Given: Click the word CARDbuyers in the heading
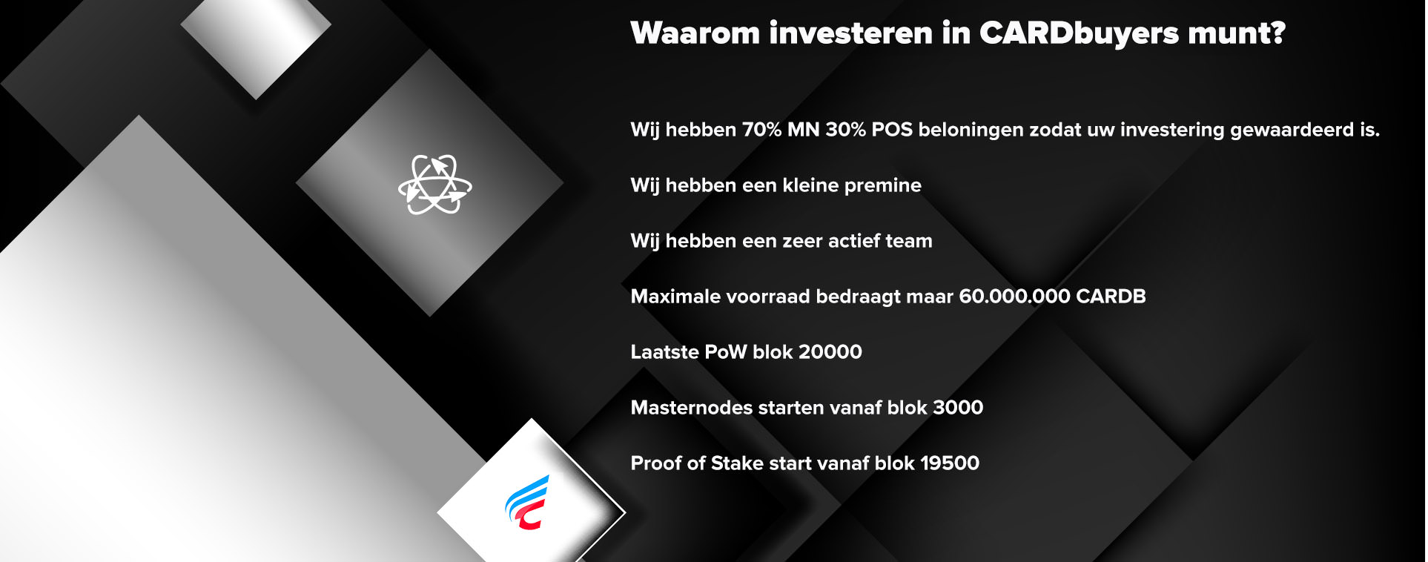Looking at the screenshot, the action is (x=1079, y=34).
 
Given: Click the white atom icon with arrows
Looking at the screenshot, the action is (x=435, y=185).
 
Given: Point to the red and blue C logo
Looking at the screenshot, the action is (x=527, y=503).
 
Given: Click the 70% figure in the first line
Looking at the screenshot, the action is (x=762, y=130).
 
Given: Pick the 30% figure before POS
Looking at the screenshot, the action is (x=845, y=130).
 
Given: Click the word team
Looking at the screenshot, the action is (x=908, y=241).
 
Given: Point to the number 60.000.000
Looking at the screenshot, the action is (x=1014, y=297).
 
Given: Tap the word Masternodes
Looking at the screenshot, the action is (x=691, y=408).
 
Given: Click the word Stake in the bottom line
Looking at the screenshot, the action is (x=737, y=463).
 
